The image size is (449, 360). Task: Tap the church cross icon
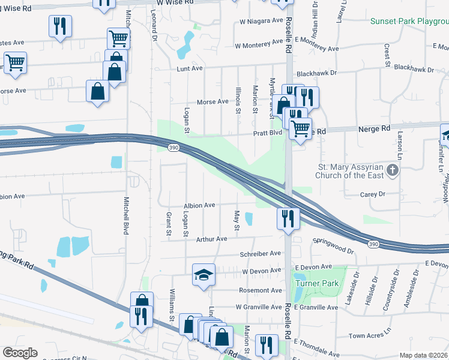(393, 171)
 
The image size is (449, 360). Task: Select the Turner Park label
(316, 283)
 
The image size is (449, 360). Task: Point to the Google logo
(20, 352)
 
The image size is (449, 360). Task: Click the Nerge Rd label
(373, 128)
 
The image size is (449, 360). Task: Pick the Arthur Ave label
(212, 239)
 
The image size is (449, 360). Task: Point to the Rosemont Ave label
(260, 290)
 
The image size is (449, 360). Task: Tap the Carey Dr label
(372, 194)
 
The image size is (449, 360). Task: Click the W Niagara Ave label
(261, 20)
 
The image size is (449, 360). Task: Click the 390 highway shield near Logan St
(172, 147)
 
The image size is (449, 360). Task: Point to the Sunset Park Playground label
(409, 21)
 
